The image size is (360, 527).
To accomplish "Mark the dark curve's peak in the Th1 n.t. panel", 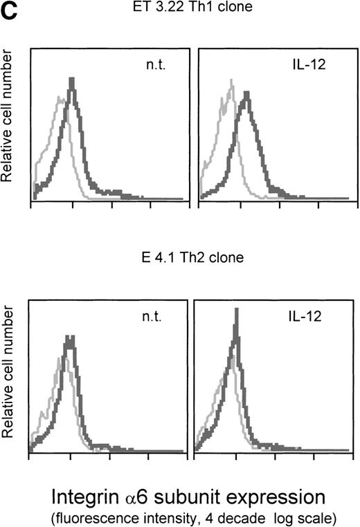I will click(71, 80).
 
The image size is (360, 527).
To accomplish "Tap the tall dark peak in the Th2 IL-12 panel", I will click(237, 311).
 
